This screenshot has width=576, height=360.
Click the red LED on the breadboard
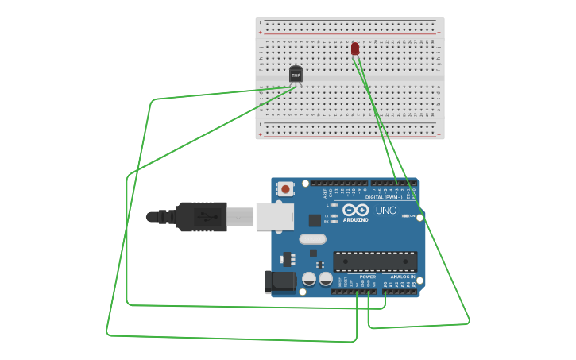point(355,48)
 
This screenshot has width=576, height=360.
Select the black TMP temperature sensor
point(296,74)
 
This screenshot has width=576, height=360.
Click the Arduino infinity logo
point(355,211)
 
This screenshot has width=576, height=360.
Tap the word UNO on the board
point(386,211)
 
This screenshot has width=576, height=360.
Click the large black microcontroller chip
point(375,261)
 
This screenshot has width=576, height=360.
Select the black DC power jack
point(280,281)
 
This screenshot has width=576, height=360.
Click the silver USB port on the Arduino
point(274,216)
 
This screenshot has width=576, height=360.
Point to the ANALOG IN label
point(402,277)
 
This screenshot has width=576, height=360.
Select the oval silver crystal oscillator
point(313,238)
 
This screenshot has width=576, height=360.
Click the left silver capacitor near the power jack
point(308,278)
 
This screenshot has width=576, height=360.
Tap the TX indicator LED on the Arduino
point(334,215)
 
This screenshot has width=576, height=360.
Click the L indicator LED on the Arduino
point(334,205)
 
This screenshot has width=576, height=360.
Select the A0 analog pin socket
point(385,292)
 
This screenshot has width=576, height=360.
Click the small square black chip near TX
point(315,220)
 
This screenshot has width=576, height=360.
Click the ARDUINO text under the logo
point(355,219)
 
